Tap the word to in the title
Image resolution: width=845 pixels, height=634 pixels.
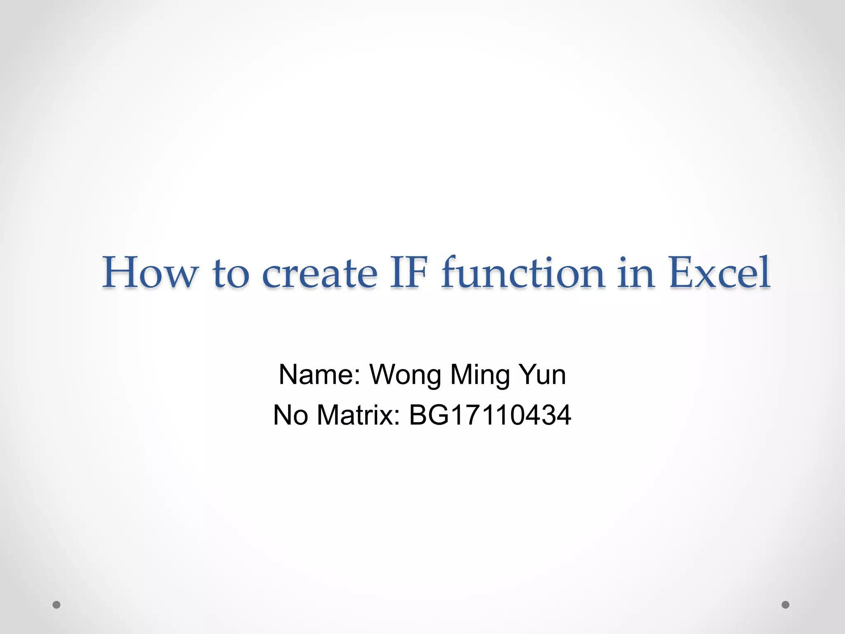click(x=231, y=273)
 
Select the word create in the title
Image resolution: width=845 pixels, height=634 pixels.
click(x=320, y=273)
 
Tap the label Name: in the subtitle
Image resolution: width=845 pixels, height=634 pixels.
click(x=320, y=375)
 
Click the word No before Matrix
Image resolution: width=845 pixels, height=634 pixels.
click(x=290, y=415)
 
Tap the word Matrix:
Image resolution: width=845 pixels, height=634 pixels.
click(x=358, y=415)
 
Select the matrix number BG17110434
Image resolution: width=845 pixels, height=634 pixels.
click(x=490, y=415)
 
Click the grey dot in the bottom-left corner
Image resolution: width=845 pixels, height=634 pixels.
click(x=57, y=605)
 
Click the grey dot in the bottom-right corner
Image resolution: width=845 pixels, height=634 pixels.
click(x=785, y=605)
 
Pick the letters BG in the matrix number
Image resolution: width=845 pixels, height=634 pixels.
click(x=429, y=415)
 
